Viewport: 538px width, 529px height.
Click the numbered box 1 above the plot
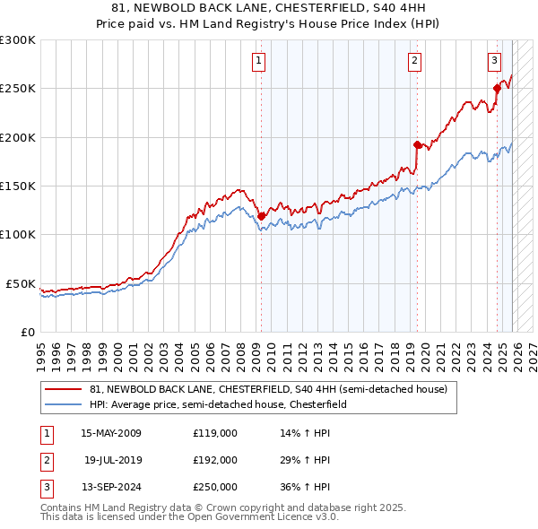(259, 61)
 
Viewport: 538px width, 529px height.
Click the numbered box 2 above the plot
(415, 61)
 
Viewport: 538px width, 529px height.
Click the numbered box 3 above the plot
(494, 61)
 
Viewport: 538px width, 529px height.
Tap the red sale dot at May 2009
(261, 216)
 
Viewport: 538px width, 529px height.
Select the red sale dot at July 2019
(417, 144)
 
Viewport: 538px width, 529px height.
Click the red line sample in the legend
(64, 390)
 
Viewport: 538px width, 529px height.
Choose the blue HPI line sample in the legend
(64, 405)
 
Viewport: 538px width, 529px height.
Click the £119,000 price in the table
(215, 433)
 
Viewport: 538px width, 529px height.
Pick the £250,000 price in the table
(215, 488)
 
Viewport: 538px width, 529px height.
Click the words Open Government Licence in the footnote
(260, 517)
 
